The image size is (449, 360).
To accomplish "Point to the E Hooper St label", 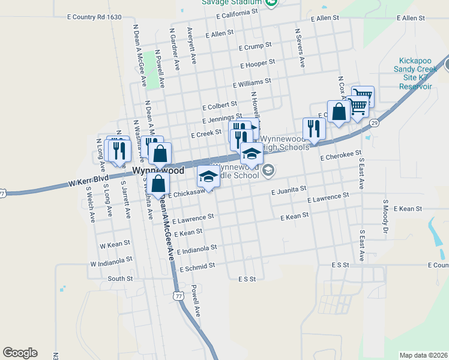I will click(257, 63).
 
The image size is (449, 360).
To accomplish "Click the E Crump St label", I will click(255, 46).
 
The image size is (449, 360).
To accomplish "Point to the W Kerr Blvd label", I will click(88, 179).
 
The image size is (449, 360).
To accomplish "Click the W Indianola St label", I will click(111, 262).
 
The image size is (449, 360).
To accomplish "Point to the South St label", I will click(120, 278).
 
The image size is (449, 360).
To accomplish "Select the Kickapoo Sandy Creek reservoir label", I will click(417, 73).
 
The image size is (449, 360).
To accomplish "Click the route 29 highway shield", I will click(374, 123).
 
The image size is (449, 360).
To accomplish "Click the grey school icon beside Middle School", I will click(268, 172).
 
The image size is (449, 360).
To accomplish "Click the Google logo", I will click(20, 353).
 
